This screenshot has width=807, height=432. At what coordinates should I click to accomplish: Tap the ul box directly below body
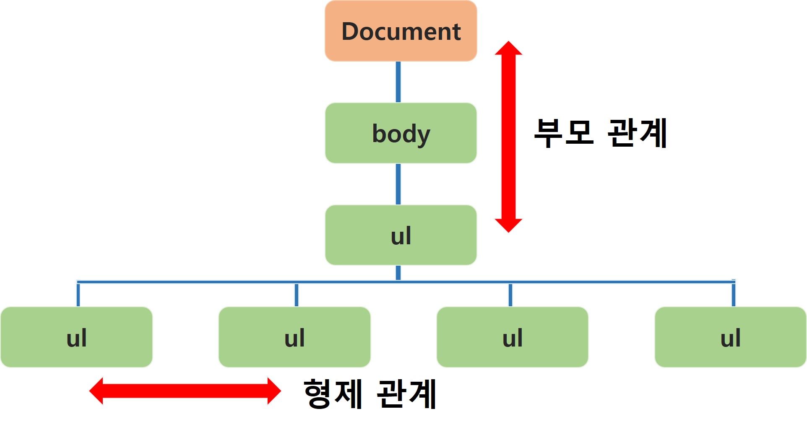pyautogui.click(x=401, y=235)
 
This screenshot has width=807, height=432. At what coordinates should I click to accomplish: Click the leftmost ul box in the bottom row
pyautogui.click(x=76, y=337)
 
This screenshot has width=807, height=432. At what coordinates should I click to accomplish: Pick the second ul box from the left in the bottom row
pyautogui.click(x=294, y=337)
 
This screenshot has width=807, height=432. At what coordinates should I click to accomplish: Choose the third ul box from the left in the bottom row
pyautogui.click(x=512, y=337)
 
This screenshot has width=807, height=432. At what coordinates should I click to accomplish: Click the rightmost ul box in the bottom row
pyautogui.click(x=730, y=337)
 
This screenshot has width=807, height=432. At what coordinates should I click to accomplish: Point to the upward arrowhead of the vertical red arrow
pyautogui.click(x=508, y=48)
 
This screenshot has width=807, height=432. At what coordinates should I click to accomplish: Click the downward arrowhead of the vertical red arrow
pyautogui.click(x=508, y=225)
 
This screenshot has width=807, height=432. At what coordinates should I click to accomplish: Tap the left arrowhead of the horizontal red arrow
pyautogui.click(x=97, y=391)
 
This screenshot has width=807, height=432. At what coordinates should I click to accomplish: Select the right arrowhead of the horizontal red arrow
pyautogui.click(x=273, y=391)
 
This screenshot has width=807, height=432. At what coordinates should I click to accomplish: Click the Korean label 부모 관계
pyautogui.click(x=601, y=133)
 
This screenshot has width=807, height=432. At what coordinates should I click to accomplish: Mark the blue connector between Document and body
pyautogui.click(x=398, y=82)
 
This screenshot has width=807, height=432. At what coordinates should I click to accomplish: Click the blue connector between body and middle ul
pyautogui.click(x=398, y=184)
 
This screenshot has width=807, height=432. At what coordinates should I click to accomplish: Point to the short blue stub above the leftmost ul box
pyautogui.click(x=78, y=295)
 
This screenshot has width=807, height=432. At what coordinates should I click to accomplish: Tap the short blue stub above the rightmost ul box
pyautogui.click(x=733, y=295)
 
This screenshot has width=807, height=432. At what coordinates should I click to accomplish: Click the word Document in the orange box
pyautogui.click(x=401, y=31)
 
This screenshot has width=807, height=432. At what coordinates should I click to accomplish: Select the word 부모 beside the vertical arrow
pyautogui.click(x=564, y=133)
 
